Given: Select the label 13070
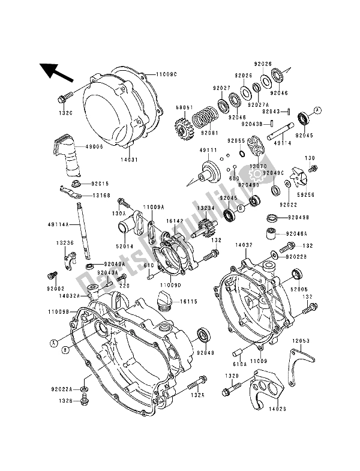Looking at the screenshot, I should pos(259,166).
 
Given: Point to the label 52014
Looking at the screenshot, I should pos(125,246).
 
